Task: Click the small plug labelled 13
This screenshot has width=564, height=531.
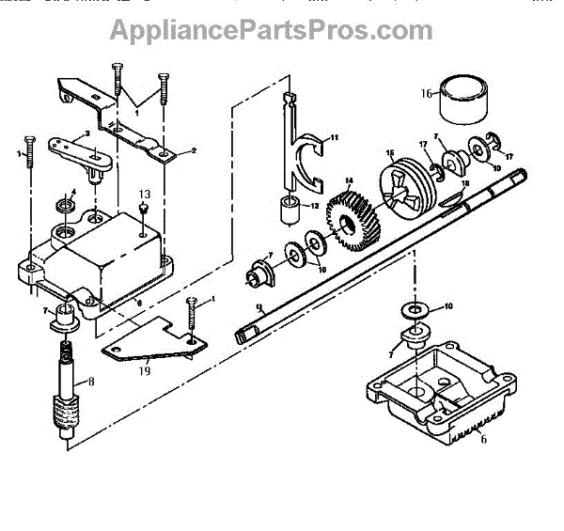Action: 143,210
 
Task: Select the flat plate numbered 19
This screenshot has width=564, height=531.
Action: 150,343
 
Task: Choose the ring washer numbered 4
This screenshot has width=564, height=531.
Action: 66,205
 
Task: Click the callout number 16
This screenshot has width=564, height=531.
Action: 426,93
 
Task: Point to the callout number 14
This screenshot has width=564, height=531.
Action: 348,180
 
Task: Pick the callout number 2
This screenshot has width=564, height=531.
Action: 194,148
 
